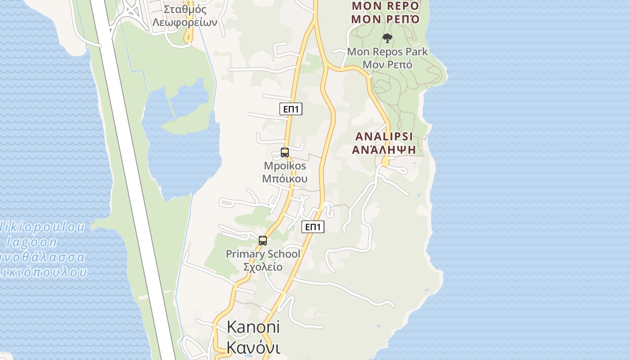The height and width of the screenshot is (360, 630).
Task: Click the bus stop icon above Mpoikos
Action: point(284,153)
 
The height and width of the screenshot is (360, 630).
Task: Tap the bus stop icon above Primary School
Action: point(263,241)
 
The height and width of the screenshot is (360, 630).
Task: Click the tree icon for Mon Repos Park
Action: point(387,38)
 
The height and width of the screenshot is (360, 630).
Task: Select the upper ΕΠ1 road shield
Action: point(291,109)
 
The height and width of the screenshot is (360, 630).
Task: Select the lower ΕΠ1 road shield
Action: point(313,227)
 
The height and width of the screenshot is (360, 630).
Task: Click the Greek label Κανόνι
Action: point(253,348)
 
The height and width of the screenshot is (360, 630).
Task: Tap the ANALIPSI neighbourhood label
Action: point(384,136)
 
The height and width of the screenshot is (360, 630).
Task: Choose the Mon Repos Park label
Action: point(387,52)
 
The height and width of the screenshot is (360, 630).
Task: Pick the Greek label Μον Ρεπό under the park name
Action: point(387,64)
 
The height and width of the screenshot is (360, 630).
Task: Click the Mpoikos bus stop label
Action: point(285,166)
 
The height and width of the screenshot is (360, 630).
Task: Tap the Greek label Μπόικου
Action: point(285,179)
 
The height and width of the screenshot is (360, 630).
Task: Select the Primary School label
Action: point(263,254)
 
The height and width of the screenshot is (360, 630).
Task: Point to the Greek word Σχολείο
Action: point(263,267)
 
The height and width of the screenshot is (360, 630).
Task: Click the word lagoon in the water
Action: point(31,242)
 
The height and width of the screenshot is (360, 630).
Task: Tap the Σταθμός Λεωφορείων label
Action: point(185,16)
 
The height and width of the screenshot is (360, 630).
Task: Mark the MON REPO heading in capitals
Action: point(386,6)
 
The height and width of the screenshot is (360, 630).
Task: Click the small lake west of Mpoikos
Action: point(182,148)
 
